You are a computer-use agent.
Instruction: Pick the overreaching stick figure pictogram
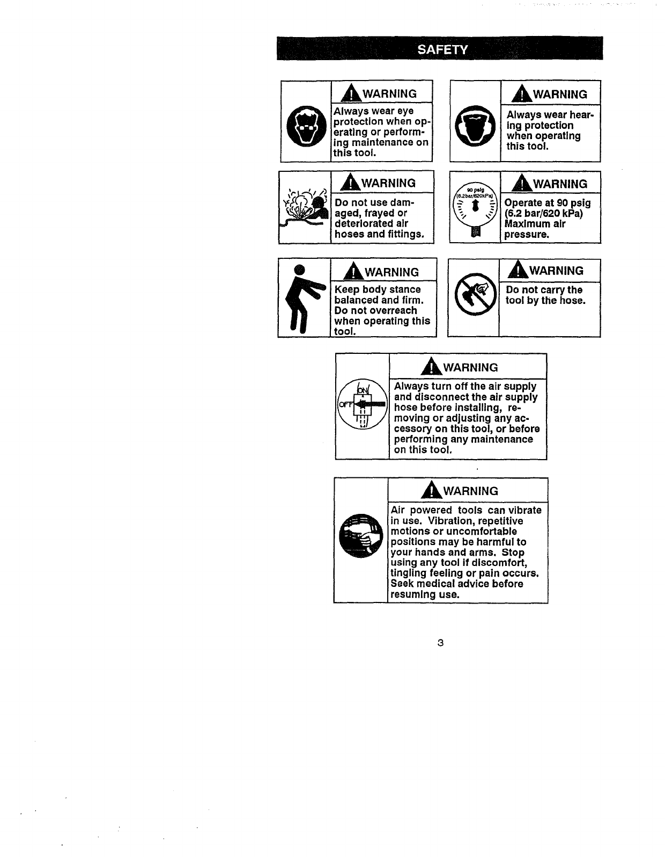[303, 299]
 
